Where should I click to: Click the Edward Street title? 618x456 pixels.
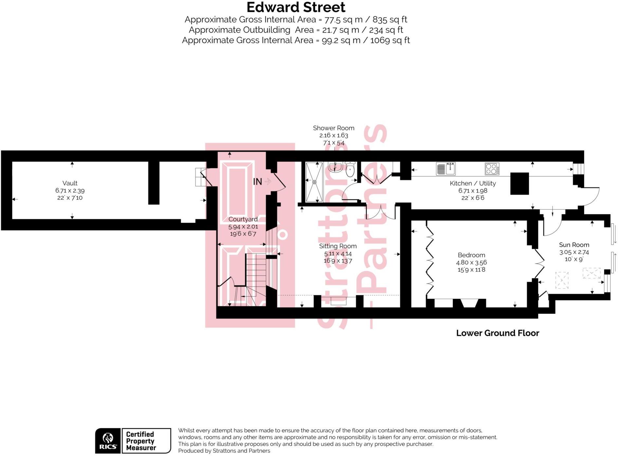296,7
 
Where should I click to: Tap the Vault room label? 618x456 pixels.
70,183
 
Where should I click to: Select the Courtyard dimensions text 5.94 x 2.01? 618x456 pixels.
243,227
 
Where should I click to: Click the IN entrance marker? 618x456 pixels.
258,181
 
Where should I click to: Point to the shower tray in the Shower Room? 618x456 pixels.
314,182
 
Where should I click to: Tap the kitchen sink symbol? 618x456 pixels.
446,169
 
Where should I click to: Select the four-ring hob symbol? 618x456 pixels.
492,169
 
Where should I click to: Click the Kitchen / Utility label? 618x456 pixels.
473,183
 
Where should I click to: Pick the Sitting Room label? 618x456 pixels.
338,246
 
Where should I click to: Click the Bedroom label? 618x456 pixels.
471,255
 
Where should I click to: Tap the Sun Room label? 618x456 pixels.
574,245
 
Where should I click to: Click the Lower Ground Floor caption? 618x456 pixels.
498,333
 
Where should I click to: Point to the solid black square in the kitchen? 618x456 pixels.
519,183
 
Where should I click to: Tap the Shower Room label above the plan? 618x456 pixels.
333,128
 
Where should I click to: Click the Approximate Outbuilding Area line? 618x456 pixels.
296,30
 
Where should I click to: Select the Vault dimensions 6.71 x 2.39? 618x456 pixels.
70,191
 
